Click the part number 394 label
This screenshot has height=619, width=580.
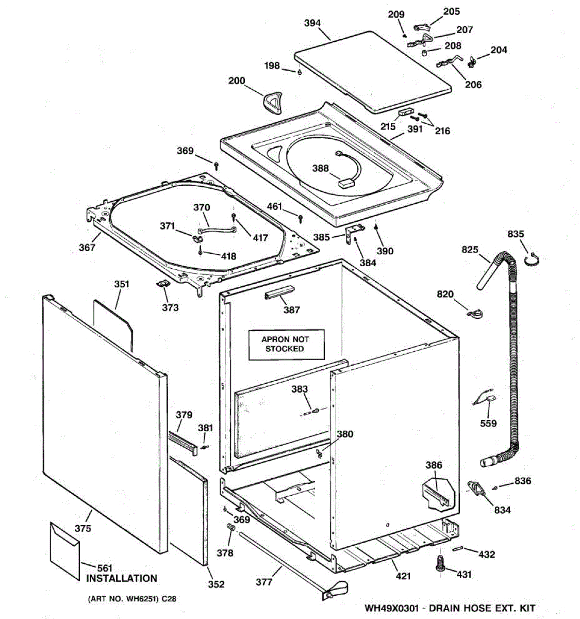coord(312,23)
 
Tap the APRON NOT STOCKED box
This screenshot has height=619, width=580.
coord(286,344)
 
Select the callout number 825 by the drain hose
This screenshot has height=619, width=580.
coord(470,250)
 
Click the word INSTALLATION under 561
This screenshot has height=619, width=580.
coord(121,579)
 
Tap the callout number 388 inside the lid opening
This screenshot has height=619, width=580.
coord(320,169)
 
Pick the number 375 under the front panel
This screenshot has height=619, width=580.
coord(82,528)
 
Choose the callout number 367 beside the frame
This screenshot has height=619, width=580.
coord(87,248)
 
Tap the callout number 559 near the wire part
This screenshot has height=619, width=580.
coord(488,423)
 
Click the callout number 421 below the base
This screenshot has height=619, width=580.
coord(403,576)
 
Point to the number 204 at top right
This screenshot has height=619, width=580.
coord(499,50)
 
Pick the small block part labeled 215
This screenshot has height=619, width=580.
coord(406,111)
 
